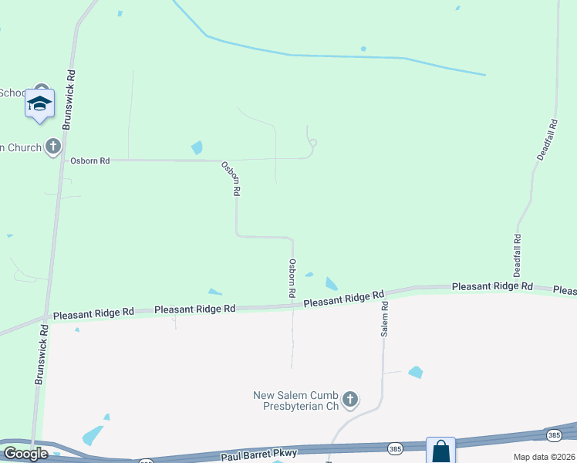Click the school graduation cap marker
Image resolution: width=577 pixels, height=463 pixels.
39,103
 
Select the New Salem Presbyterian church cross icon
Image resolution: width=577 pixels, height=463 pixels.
350,399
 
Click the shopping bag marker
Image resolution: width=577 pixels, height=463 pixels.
440,451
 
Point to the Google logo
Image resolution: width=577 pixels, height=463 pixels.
25,454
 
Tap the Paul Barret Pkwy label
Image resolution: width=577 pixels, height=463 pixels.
255,456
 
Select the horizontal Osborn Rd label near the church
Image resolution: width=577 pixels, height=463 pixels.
90,161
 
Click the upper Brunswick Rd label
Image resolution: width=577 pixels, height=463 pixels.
71,90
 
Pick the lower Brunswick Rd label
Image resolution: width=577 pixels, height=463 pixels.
41,355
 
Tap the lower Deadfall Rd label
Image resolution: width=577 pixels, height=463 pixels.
518,255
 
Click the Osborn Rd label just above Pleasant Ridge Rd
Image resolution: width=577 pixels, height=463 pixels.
292,279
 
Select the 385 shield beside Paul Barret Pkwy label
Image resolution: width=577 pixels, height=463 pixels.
395,448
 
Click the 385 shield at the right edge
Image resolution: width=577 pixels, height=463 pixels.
554,436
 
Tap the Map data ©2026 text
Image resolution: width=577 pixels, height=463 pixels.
544,457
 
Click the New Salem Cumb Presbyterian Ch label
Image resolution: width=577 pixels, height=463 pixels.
296,400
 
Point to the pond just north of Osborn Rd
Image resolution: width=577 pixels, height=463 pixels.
197,147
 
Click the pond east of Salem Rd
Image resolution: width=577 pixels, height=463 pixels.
416,372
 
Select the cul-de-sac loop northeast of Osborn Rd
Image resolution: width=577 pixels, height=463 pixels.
312,142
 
